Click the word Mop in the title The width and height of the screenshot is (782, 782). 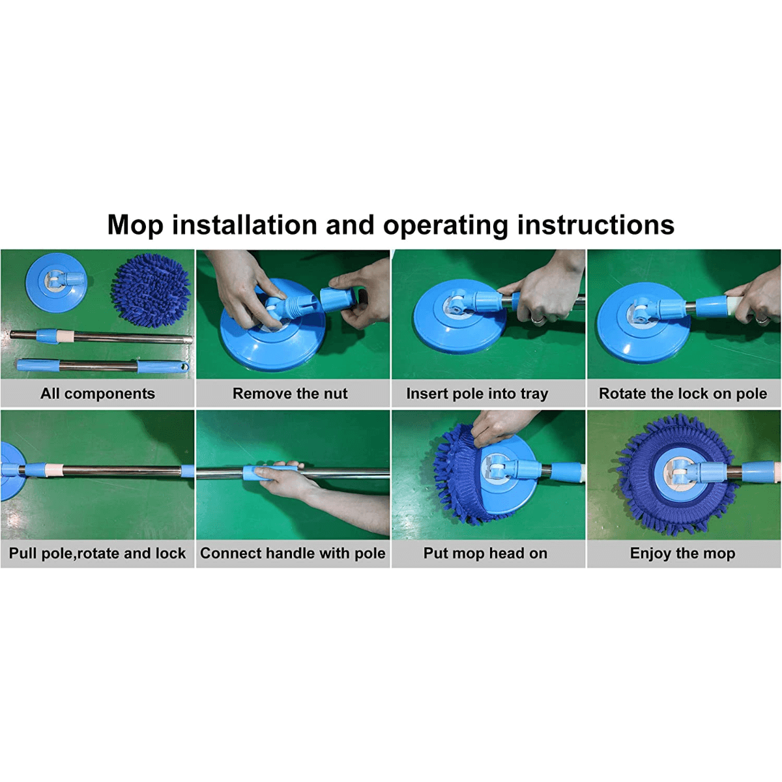(135, 225)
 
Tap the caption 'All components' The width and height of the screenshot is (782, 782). (98, 394)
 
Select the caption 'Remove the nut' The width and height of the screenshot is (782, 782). (290, 394)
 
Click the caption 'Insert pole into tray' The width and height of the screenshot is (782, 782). (477, 394)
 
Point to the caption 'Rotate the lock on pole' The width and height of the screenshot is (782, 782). (683, 394)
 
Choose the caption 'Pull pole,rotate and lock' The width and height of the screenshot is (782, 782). (97, 553)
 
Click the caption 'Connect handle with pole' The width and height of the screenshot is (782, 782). (293, 553)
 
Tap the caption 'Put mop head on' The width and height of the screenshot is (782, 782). (485, 553)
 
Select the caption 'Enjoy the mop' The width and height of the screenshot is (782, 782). (682, 553)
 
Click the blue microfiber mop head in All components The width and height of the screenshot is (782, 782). (151, 290)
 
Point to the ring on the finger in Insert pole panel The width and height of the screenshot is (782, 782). (536, 318)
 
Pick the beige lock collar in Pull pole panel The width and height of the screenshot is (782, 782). (54, 469)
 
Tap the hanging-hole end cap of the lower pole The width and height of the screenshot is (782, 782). (183, 368)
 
